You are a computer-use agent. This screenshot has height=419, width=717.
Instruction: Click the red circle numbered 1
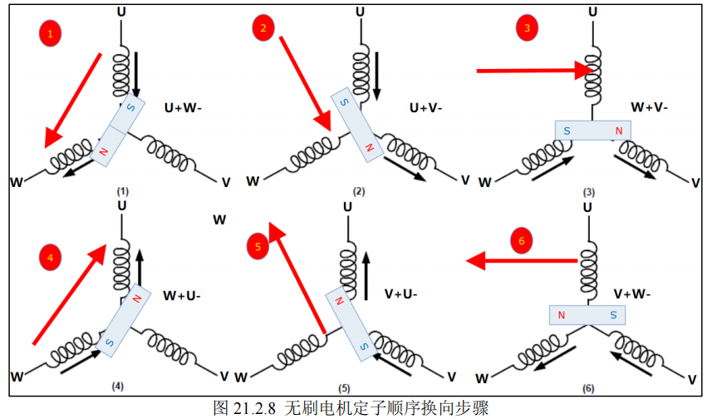[x=51, y=33]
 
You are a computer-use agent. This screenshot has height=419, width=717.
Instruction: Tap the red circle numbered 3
[x=527, y=28]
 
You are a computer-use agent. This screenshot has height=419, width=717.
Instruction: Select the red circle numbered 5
[x=258, y=247]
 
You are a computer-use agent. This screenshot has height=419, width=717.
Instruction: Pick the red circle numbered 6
[x=522, y=240]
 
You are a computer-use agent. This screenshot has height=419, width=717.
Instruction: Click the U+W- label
[x=183, y=108]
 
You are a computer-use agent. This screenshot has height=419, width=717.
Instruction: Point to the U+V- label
[x=425, y=108]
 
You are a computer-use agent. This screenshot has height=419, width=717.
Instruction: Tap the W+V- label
[x=650, y=107]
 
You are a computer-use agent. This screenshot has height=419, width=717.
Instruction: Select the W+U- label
[x=182, y=296]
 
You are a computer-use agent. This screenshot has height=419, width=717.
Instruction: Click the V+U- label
[x=401, y=294]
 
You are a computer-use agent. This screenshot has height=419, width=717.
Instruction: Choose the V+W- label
[x=632, y=294]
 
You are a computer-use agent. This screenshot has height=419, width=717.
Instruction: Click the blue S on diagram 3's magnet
[x=567, y=131]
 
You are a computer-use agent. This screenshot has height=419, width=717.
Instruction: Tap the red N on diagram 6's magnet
[x=562, y=315]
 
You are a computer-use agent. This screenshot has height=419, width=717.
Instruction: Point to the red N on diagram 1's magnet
[x=104, y=151]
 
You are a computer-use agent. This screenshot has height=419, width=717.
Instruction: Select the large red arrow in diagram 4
[x=70, y=294]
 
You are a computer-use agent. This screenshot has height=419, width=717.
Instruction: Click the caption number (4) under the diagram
[x=117, y=387]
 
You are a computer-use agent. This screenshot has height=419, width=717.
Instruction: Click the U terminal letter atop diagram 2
[x=361, y=12]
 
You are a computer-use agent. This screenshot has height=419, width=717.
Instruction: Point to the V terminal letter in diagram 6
[x=692, y=380]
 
